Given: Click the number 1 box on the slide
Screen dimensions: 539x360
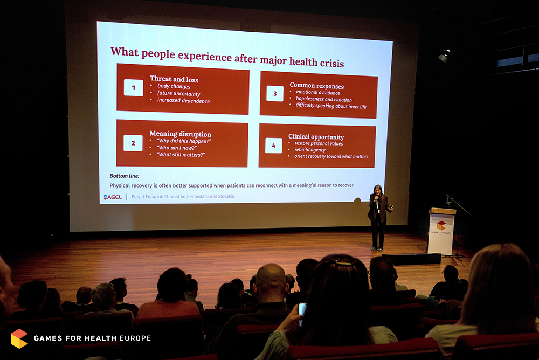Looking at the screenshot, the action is pos(133,88).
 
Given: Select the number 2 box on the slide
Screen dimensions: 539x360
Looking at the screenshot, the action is pos(133,143).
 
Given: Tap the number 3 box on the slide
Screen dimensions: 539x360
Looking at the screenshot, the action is pos(275,94).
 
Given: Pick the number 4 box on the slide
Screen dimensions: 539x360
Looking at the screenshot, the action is pos(274,146).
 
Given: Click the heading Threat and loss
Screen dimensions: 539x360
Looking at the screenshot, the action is pos(174,79).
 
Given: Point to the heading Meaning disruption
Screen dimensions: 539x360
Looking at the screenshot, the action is pos(180,134).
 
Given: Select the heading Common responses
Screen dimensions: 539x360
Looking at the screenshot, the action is pos(316,86).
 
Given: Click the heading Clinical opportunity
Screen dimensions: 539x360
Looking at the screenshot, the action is pos(316,136).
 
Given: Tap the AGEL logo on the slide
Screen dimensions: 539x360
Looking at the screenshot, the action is pos(113,197).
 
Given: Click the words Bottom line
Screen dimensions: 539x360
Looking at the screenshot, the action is pos(125,176).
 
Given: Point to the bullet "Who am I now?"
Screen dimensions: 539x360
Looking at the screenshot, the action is pos(177,148).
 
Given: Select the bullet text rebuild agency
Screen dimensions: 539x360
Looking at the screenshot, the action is pos(310,150).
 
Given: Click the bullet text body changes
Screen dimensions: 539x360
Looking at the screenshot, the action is pos(174,86).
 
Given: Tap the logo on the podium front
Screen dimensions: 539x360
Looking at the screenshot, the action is pos(441,226).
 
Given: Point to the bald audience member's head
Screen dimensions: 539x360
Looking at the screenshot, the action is pos(271,279).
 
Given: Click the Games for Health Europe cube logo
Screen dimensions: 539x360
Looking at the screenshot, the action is pos(19,338).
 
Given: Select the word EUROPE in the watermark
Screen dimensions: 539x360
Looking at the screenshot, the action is pos(135,338).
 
